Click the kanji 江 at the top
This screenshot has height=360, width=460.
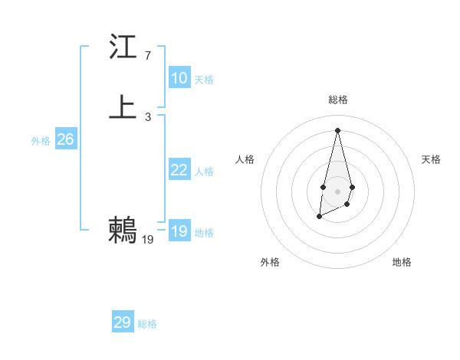click(123, 47)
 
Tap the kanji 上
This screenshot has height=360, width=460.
click(123, 106)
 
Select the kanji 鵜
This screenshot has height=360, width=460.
click(123, 230)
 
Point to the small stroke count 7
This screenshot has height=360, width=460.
click(147, 56)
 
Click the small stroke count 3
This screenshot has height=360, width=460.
click(147, 116)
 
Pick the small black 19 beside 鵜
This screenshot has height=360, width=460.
click(148, 240)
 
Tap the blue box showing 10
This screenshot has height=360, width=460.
click(179, 78)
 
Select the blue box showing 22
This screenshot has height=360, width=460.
click(179, 170)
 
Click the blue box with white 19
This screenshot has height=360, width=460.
click(179, 231)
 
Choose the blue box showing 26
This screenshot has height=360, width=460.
click(66, 139)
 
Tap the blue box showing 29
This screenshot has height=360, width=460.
click(123, 322)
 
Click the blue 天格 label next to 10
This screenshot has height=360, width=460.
click(204, 80)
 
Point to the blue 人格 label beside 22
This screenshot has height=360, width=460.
click(204, 172)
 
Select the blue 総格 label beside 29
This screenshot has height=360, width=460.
click(147, 324)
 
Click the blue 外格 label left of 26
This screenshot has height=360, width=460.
click(41, 141)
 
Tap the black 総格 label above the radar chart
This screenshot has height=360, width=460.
click(337, 100)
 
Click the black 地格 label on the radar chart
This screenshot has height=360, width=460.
click(402, 262)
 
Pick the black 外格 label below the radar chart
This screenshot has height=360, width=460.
click(270, 262)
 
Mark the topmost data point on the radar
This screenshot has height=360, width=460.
click(337, 129)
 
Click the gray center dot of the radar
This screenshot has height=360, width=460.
click(337, 191)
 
